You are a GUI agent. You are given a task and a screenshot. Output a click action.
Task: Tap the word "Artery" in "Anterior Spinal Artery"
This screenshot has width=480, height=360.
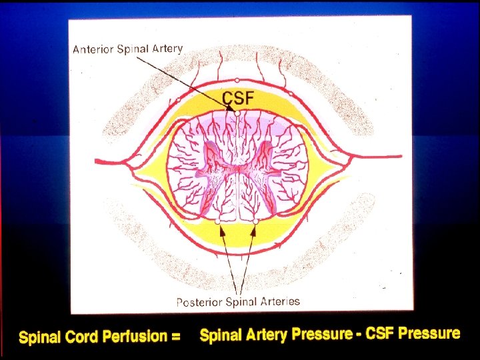coord(166,49)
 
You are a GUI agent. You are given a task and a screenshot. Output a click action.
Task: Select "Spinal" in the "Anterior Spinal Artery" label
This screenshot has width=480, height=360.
coord(133,49)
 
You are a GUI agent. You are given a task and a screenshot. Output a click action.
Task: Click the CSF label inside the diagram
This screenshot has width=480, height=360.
coord(238,98)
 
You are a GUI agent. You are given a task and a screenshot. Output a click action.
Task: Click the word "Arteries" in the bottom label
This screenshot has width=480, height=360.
coord(278,301)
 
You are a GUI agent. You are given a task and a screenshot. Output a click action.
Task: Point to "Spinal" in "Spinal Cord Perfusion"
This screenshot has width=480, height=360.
coord(41,338)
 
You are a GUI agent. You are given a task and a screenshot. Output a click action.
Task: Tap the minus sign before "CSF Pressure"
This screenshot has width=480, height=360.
coord(358,333)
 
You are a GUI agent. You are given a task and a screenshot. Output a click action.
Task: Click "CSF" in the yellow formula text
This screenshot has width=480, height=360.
coord(380,333)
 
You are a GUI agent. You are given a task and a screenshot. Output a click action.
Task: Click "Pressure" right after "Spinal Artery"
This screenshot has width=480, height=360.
coord(322,334)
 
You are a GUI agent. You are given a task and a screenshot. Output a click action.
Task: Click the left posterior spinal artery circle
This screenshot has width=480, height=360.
coord(217,221)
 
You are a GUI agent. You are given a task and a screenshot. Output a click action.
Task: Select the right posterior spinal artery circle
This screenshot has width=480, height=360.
coord(256,221)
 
